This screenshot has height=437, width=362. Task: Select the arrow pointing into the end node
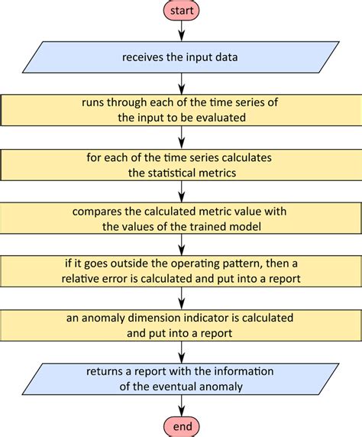point(182,407)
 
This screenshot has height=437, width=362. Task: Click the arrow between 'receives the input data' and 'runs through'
point(182,83)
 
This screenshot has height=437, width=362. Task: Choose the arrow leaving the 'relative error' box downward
point(182,297)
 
